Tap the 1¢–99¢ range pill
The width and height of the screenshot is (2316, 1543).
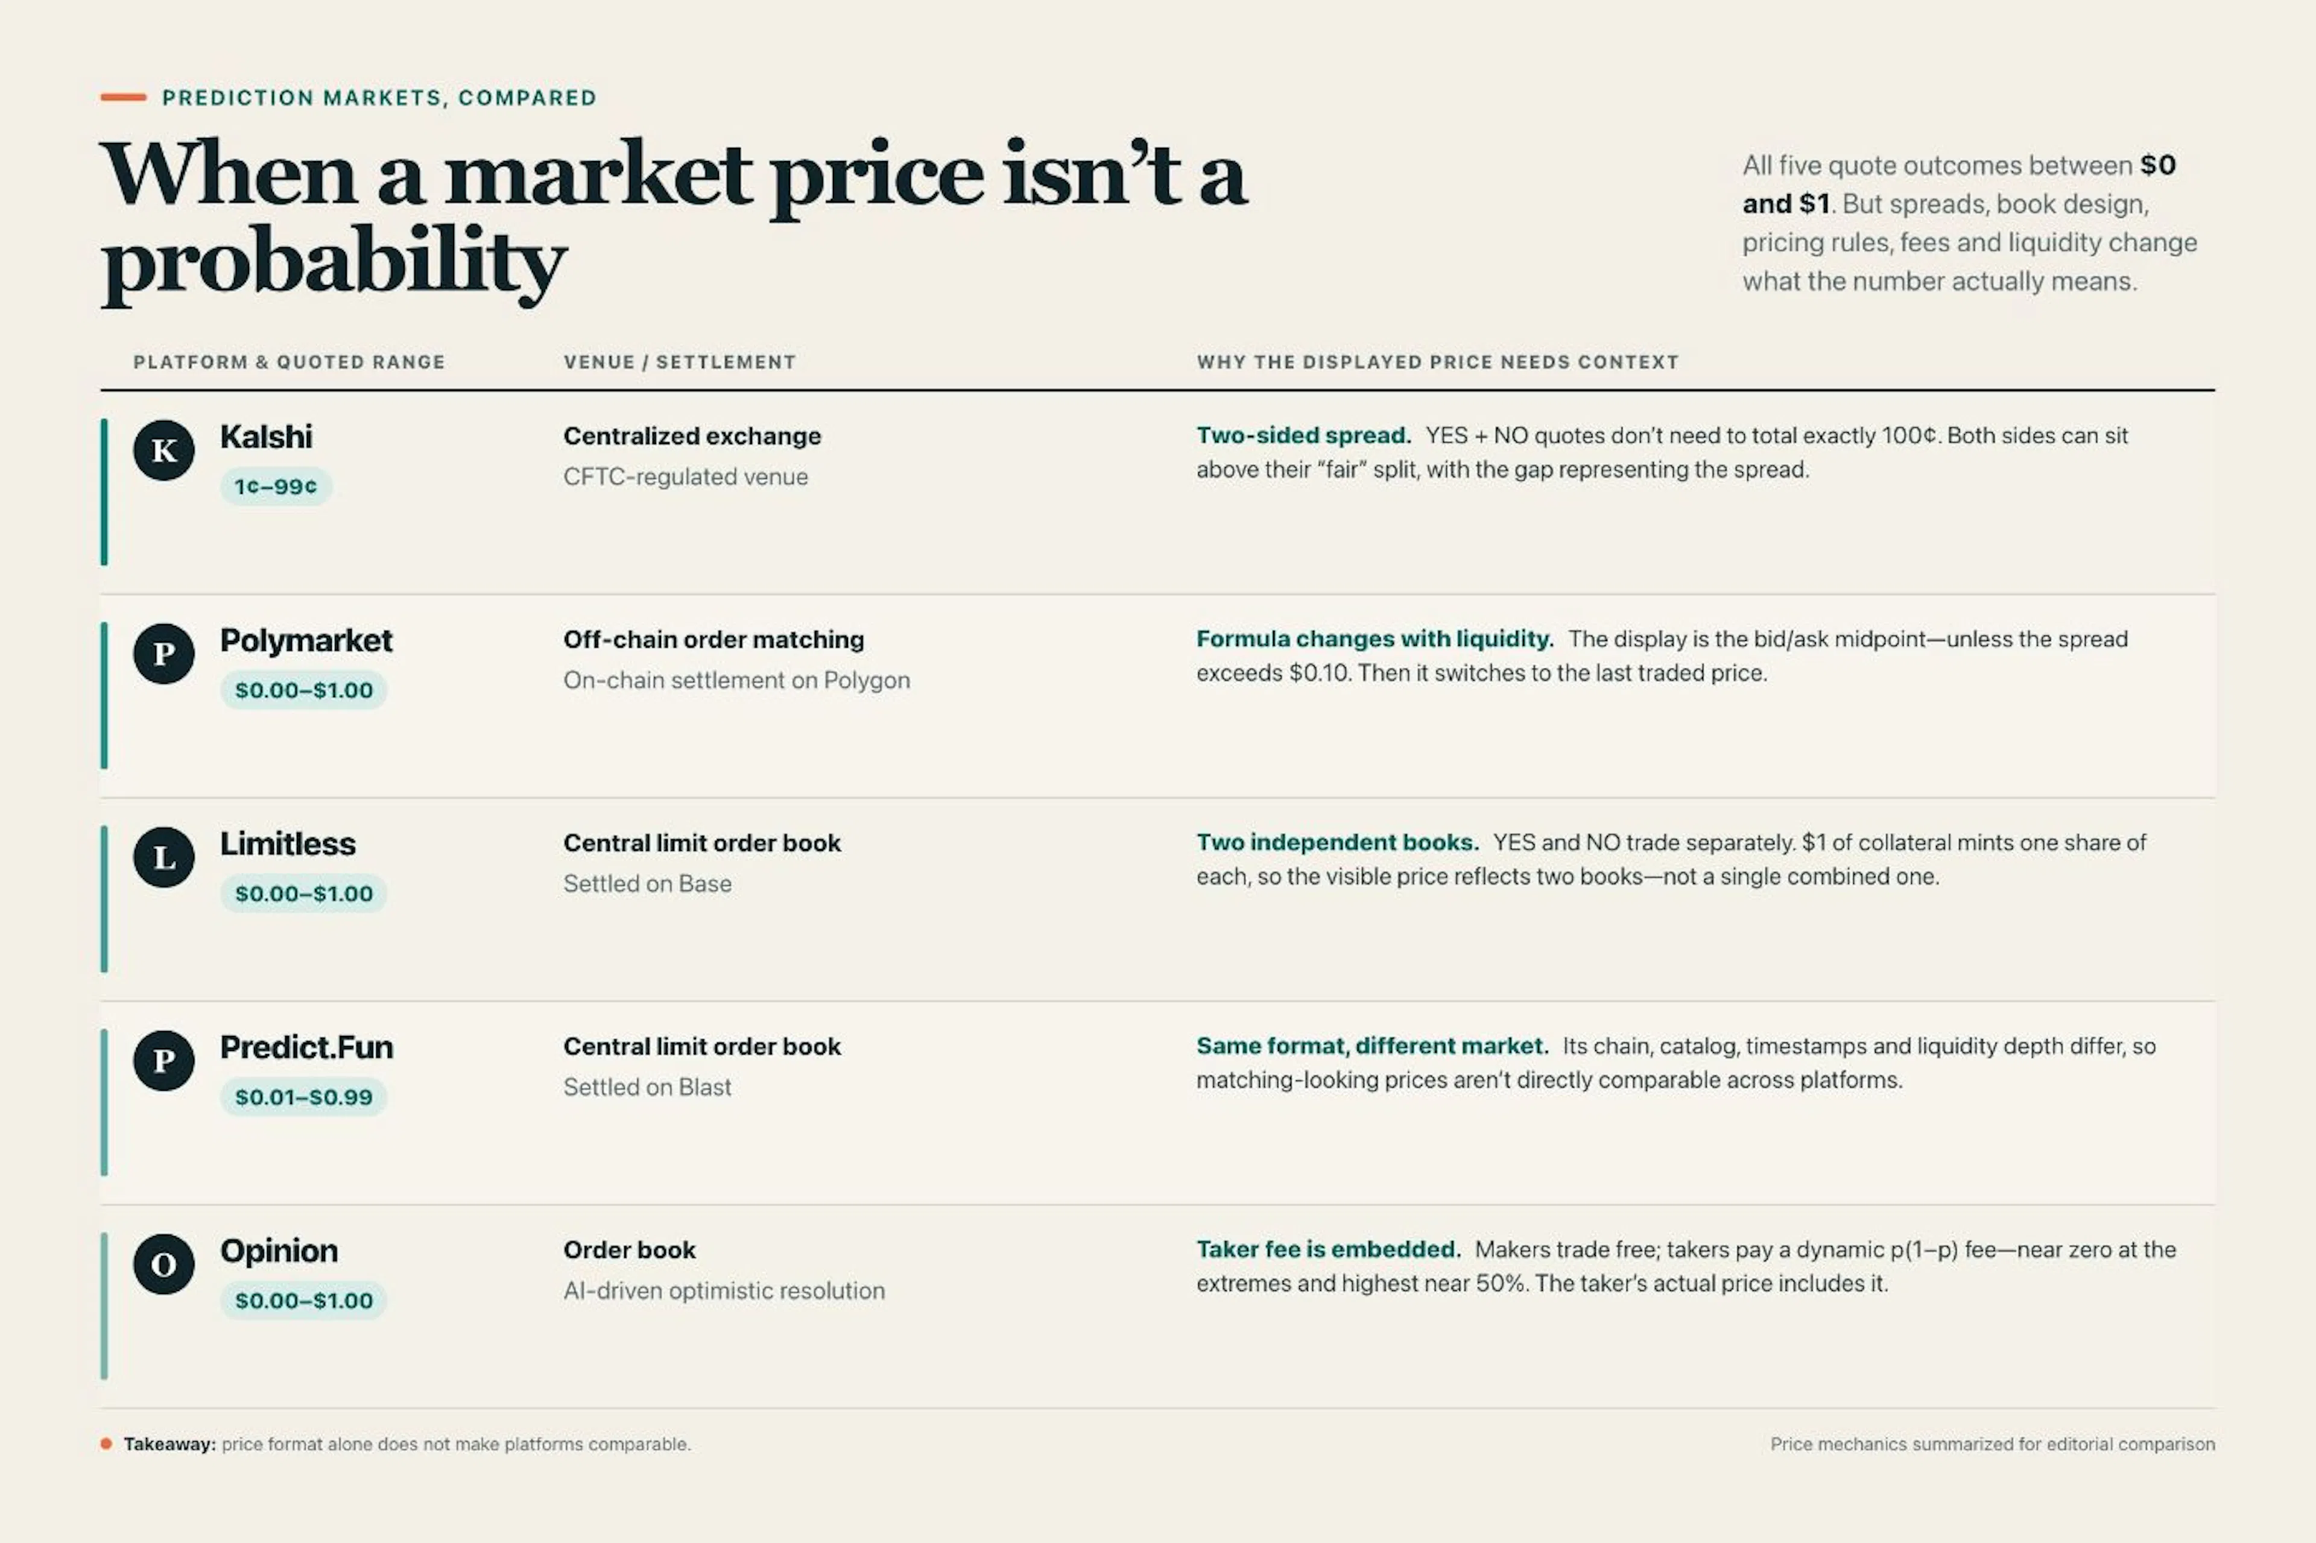coord(276,486)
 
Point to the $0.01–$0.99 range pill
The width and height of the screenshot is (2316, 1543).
coord(303,1096)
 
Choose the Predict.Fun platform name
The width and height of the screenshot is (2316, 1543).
coord(306,1047)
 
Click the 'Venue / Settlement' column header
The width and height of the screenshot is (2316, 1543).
coord(679,362)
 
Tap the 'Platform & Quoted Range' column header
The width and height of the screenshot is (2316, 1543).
coord(289,362)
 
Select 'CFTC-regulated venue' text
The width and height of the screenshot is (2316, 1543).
coord(685,476)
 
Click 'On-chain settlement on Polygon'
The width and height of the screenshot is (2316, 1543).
coord(736,680)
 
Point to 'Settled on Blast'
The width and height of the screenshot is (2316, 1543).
coord(647,1087)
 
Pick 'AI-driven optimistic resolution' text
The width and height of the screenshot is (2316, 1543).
coord(723,1290)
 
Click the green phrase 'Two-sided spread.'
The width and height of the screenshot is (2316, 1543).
coord(1303,435)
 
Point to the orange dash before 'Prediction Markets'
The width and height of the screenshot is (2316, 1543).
coord(123,96)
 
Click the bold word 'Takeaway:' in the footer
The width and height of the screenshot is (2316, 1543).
coord(169,1444)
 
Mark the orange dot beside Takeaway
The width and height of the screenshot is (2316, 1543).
coord(106,1444)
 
